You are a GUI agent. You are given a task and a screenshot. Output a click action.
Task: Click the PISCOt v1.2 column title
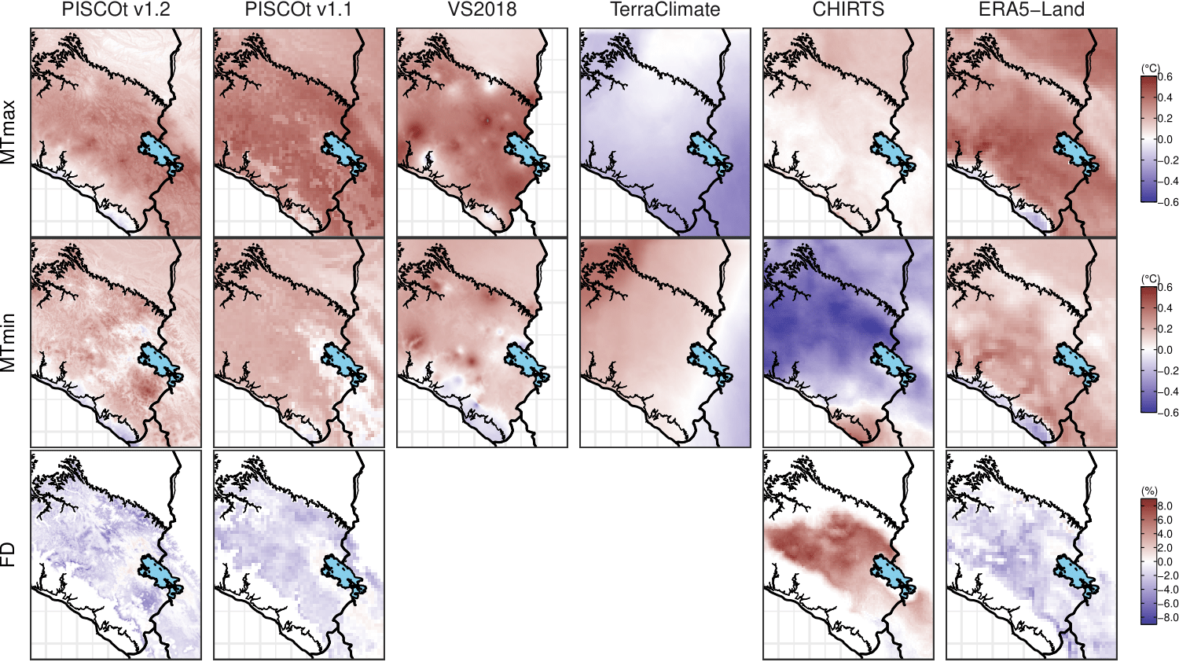[116, 10]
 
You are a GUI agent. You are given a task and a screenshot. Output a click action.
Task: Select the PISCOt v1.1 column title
[299, 10]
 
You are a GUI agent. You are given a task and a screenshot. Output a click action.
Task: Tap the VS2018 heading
[482, 10]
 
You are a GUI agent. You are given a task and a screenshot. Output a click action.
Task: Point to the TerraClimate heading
[665, 10]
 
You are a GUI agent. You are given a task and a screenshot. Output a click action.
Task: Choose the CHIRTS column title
[848, 10]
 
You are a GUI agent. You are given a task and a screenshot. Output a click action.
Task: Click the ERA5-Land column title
[1031, 10]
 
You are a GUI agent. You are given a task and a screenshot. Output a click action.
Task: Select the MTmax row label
[9, 133]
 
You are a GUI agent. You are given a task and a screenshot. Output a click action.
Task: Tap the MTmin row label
[9, 343]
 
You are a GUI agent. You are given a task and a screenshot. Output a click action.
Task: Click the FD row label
[9, 554]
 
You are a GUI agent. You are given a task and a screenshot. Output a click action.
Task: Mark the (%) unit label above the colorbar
[1149, 491]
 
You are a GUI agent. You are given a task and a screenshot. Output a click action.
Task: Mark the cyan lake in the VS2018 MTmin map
[524, 361]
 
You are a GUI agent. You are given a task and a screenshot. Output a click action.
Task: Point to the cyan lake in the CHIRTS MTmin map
[891, 361]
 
